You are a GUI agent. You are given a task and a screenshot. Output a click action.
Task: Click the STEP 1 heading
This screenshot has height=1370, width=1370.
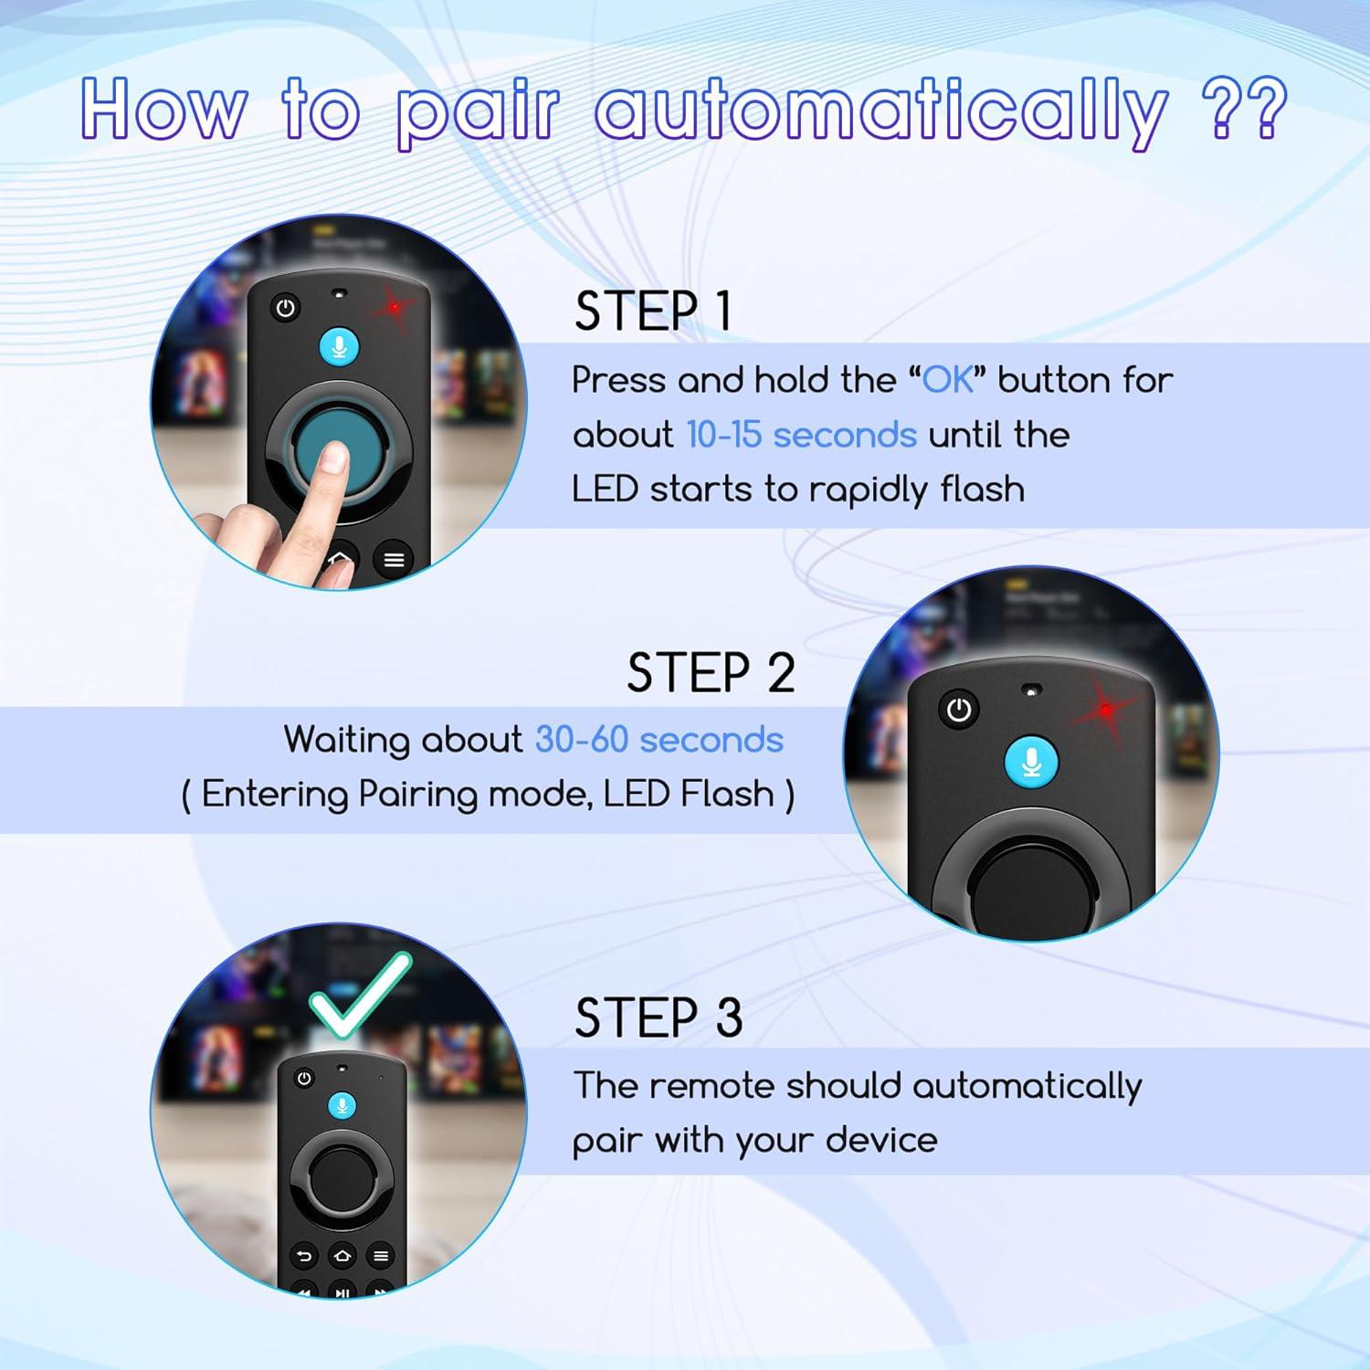click(653, 311)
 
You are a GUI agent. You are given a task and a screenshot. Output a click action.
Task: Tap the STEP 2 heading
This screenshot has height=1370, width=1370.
click(711, 674)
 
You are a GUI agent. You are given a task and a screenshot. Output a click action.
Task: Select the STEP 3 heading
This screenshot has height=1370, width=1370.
click(659, 1017)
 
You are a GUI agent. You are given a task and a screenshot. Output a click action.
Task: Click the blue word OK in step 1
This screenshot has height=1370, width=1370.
click(949, 380)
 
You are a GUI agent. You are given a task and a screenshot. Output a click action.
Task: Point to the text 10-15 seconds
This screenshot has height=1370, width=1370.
click(801, 435)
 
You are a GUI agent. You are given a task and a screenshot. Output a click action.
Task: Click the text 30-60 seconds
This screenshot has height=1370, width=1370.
click(659, 740)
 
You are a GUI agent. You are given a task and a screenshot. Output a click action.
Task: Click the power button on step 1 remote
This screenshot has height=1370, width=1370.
click(286, 308)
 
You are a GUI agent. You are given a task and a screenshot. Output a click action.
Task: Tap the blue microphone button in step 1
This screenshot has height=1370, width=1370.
click(340, 347)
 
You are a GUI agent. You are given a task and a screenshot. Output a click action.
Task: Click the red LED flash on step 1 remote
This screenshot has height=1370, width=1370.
click(395, 308)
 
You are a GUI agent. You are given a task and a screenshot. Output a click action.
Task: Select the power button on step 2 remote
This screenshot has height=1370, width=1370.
click(958, 710)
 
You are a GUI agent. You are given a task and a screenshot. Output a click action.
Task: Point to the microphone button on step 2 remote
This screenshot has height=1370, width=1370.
click(1031, 763)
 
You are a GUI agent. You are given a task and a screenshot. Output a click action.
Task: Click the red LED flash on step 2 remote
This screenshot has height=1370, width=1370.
click(1106, 709)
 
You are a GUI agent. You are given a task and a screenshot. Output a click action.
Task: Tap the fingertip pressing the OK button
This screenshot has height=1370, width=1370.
click(335, 457)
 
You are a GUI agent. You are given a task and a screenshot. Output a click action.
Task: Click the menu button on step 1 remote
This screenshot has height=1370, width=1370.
click(394, 559)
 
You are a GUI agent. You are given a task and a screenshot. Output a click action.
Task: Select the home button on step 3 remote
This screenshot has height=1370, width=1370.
click(342, 1257)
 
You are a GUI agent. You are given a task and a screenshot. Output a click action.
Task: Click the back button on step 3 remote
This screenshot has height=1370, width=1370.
click(304, 1257)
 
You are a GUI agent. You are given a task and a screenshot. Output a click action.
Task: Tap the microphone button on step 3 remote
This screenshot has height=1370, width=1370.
click(342, 1106)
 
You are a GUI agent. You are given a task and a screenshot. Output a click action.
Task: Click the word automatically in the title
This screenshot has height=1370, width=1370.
click(880, 113)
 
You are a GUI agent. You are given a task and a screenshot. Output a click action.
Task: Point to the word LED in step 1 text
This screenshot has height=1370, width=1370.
click(604, 490)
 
